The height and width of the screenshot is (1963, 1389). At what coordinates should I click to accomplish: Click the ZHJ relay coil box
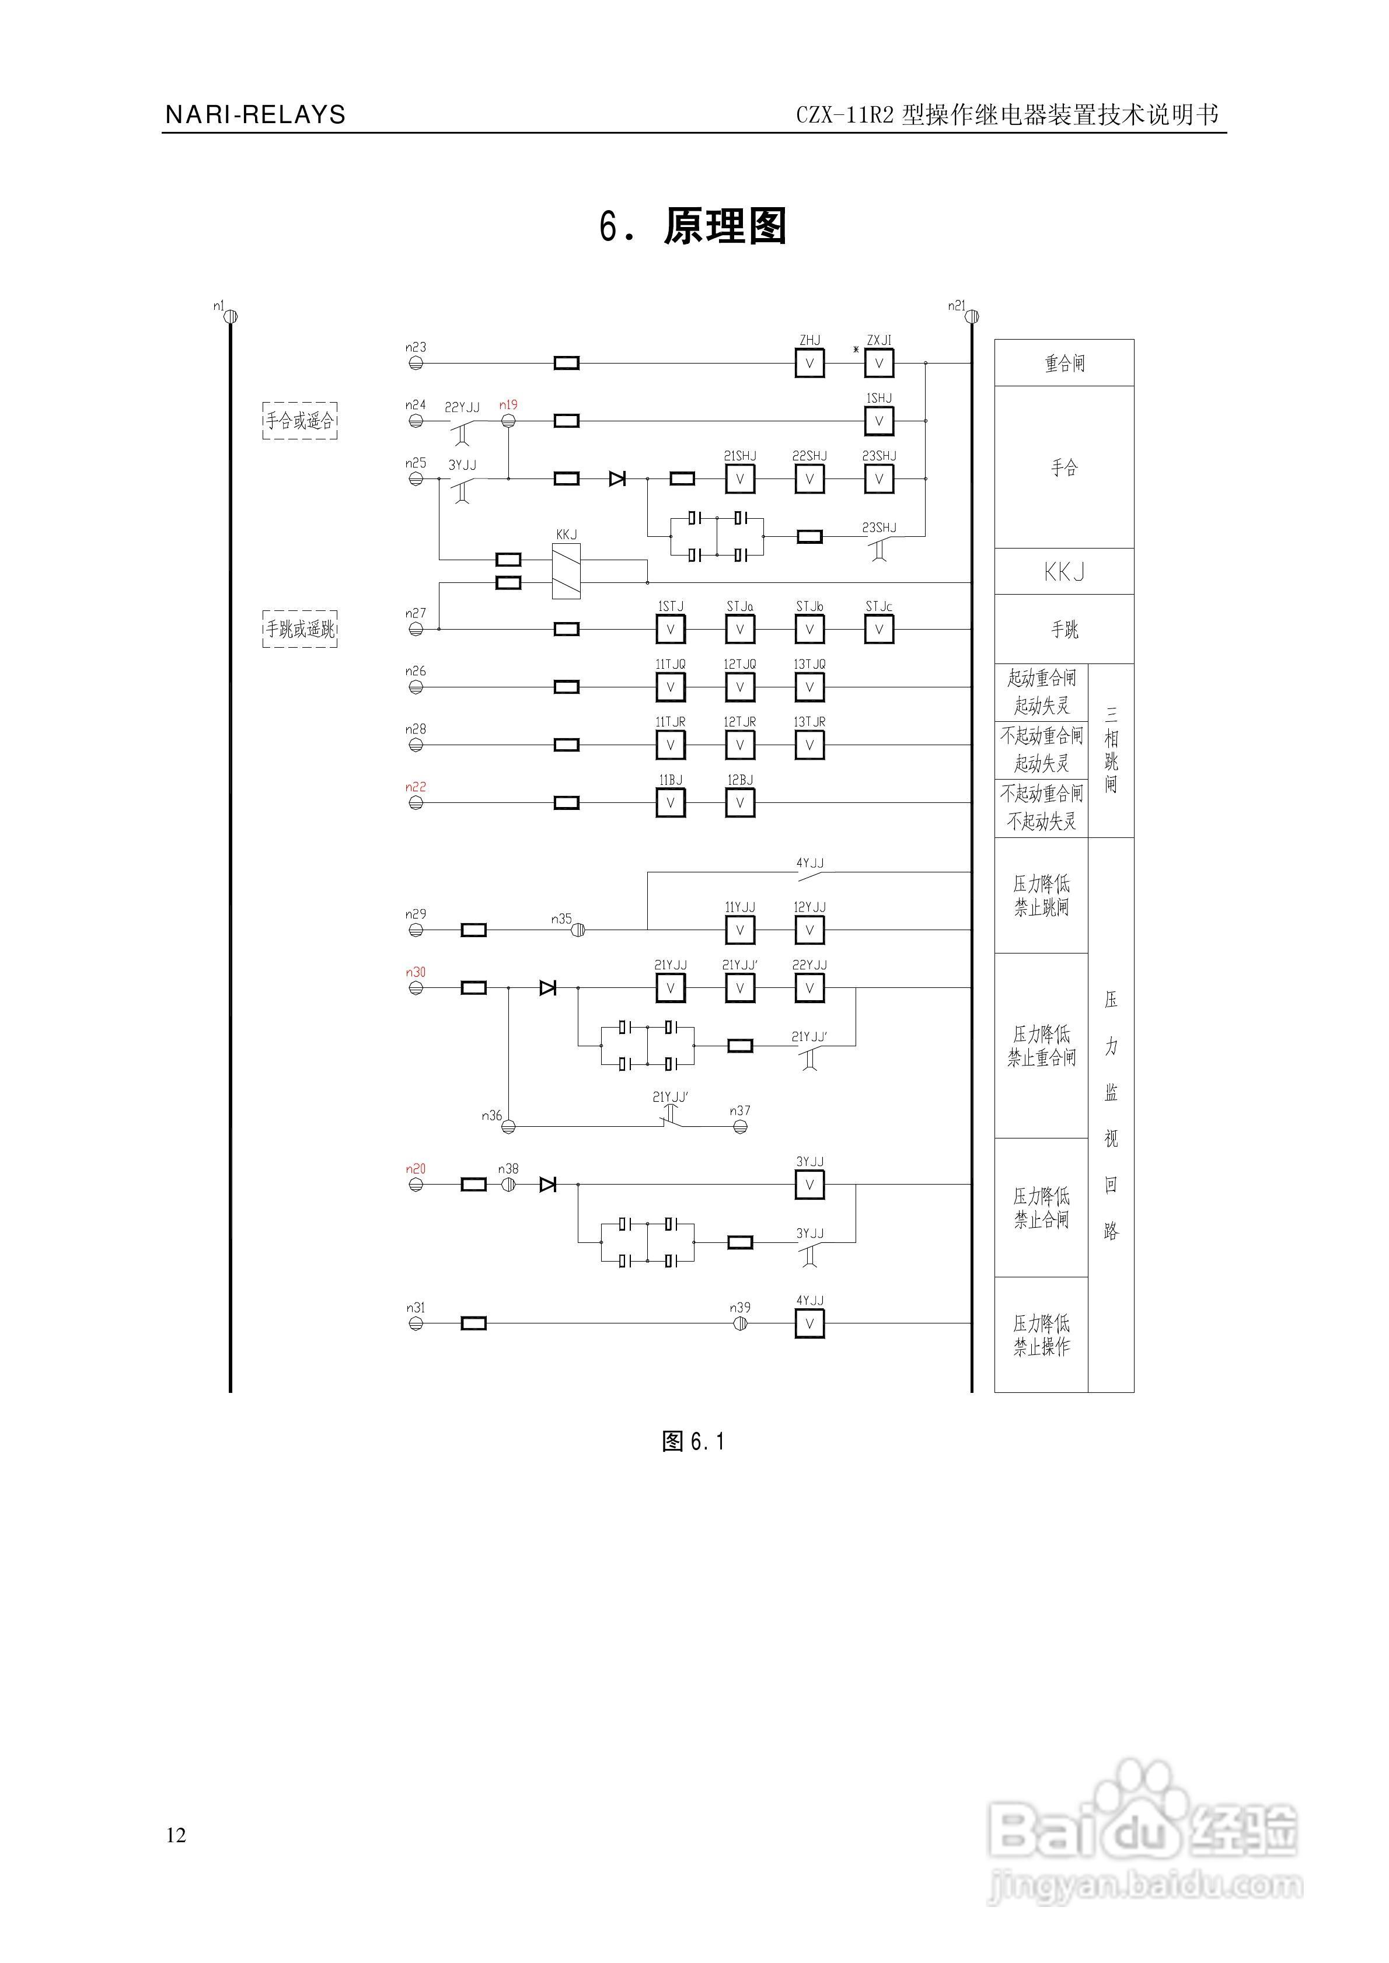809,364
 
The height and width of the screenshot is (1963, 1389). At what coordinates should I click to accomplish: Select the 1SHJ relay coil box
878,421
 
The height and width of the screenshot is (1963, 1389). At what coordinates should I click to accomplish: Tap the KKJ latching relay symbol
566,571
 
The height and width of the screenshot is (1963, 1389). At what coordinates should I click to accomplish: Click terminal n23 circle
416,364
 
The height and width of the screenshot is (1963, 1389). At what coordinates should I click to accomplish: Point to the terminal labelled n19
508,421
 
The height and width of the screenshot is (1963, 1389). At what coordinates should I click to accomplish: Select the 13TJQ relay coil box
809,687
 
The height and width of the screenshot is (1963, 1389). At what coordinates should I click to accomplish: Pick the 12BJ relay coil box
740,803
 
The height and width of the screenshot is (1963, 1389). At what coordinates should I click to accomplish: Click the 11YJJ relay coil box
740,930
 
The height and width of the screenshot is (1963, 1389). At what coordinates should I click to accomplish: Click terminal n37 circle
740,1127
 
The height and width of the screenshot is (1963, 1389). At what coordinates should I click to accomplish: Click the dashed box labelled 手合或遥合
299,421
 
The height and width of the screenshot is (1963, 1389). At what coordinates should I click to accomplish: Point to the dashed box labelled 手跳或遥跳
299,629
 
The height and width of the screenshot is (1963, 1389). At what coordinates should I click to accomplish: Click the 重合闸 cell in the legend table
1064,364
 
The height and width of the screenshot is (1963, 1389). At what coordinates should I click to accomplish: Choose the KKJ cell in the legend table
1064,572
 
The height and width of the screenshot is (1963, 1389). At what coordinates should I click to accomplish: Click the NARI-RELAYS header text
255,114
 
